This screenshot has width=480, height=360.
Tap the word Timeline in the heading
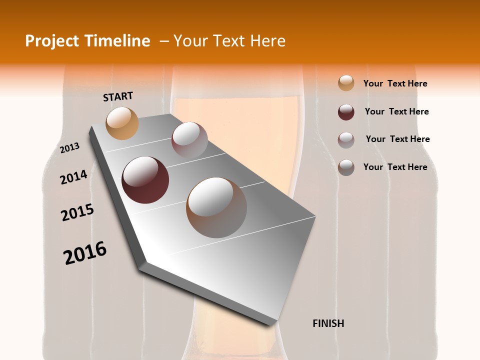point(118,41)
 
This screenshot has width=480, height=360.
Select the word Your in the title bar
point(190,41)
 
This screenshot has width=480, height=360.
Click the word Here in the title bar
point(267,41)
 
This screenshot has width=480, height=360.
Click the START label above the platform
point(118,96)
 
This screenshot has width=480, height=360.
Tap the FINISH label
point(328,323)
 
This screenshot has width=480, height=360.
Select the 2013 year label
point(69,148)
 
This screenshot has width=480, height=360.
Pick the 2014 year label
point(73,177)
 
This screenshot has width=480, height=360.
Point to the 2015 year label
point(77,212)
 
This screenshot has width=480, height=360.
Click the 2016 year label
point(85,253)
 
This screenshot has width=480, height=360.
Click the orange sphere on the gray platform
point(122,123)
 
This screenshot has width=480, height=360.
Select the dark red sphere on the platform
point(145,180)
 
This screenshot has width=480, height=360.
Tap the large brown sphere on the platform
point(216,207)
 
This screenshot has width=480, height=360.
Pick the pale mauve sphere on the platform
point(189,139)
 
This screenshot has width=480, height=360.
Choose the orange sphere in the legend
point(346,83)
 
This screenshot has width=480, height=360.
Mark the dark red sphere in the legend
point(346,112)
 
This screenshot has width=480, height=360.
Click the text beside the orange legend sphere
point(395,83)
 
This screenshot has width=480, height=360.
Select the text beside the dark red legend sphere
point(396,111)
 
